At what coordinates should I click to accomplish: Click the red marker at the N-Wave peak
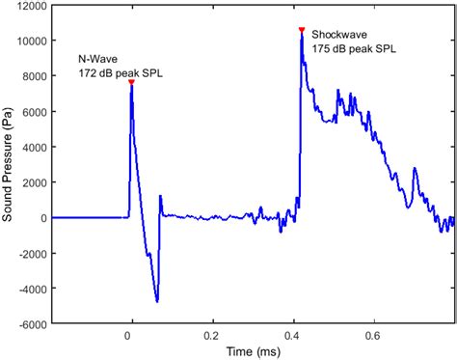(130, 83)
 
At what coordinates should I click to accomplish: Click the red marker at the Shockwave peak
(302, 30)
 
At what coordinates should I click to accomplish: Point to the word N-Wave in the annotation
(94, 59)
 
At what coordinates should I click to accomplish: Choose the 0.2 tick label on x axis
(210, 334)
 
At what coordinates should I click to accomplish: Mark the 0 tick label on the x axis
(129, 334)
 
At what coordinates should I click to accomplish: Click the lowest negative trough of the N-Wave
(157, 300)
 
